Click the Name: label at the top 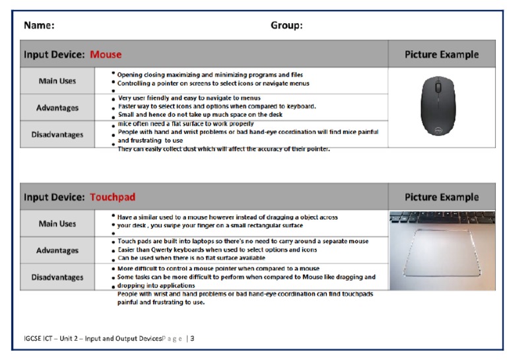click(39, 26)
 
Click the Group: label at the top click(287, 26)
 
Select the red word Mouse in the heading click(106, 54)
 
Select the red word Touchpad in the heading click(112, 197)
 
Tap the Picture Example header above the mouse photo click(441, 54)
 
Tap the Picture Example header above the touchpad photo click(441, 197)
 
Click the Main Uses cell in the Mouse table click(57, 81)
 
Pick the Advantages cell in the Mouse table click(57, 108)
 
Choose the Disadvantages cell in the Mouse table click(57, 135)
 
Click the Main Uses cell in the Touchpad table click(57, 224)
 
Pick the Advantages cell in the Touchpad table click(57, 250)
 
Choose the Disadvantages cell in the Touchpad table click(57, 277)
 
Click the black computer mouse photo click(441, 106)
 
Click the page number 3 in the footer click(192, 338)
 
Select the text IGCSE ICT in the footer click(32, 338)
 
